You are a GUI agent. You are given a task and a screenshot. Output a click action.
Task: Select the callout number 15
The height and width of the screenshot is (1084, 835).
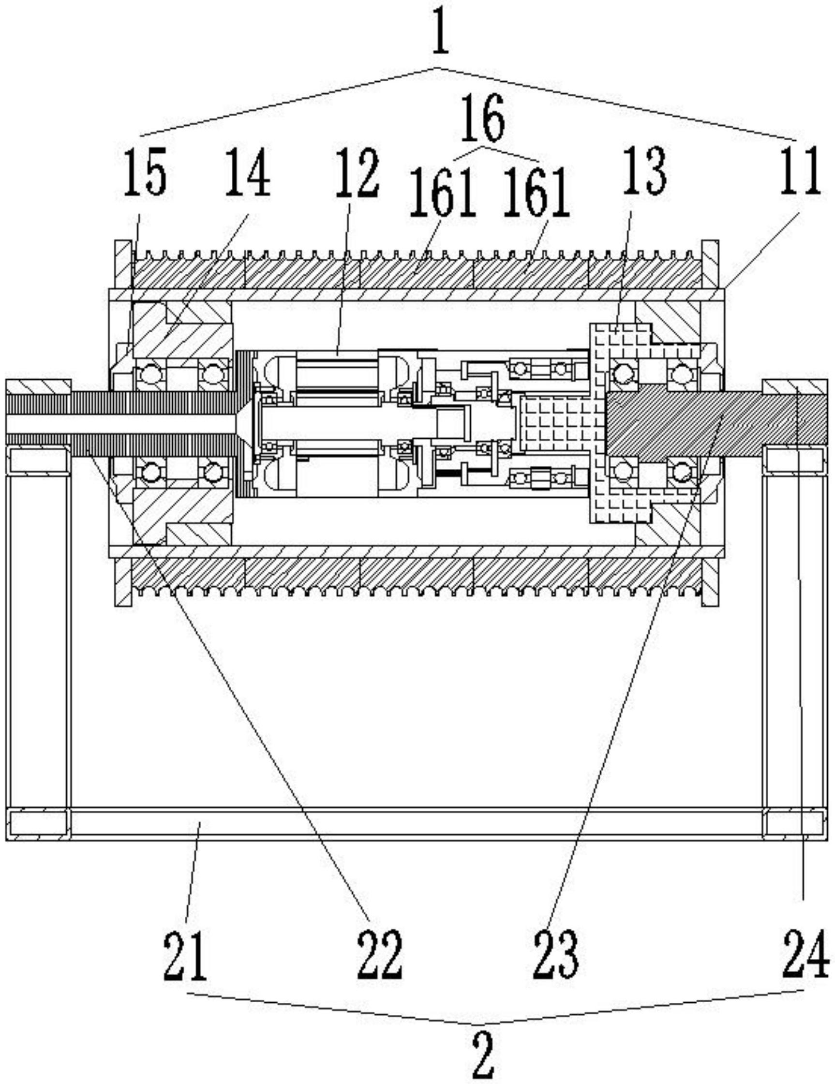click(145, 172)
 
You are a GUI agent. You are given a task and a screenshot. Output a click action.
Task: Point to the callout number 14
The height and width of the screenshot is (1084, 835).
click(248, 171)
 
